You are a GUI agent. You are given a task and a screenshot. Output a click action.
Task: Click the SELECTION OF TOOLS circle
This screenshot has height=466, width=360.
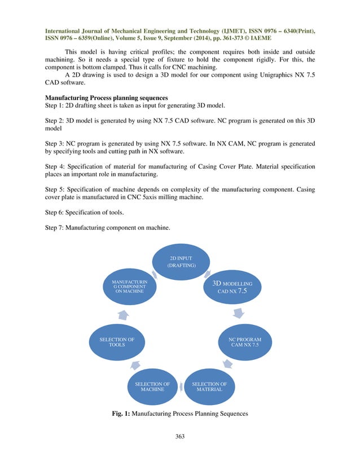click(117, 342)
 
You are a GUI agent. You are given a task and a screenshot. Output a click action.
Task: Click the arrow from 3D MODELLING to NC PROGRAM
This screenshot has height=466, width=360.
click(239, 313)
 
